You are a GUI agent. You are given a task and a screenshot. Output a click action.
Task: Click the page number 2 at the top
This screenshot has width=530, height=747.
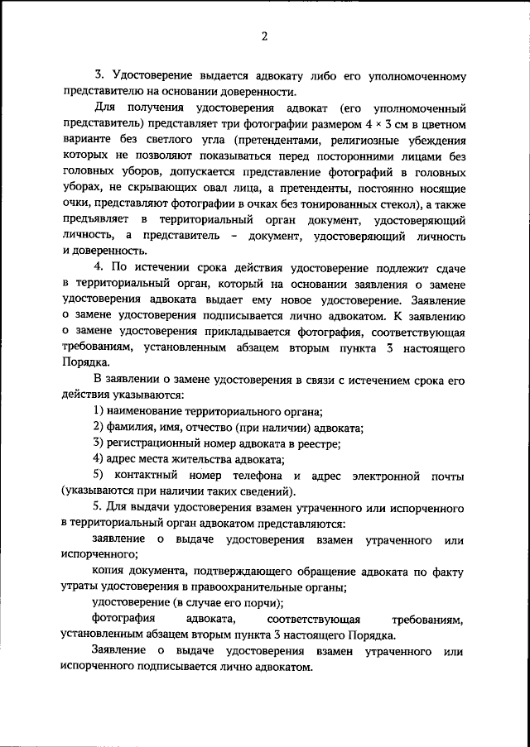263,36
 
